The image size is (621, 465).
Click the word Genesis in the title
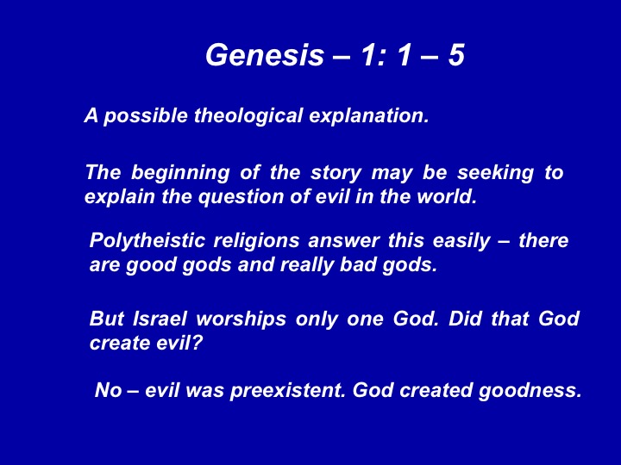click(265, 54)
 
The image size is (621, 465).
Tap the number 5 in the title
click(456, 54)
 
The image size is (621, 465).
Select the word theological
click(248, 116)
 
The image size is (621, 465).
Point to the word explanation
click(369, 116)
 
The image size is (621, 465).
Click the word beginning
click(180, 173)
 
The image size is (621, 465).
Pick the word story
click(336, 173)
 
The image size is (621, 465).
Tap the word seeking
click(495, 173)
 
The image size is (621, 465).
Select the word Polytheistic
click(147, 241)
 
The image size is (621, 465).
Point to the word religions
click(256, 241)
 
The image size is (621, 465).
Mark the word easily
click(461, 241)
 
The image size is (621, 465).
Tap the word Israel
click(160, 319)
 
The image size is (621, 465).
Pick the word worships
click(241, 319)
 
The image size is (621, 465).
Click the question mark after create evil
click(198, 343)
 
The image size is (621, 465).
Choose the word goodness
click(530, 391)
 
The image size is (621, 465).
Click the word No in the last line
click(108, 390)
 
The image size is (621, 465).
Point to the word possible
click(146, 116)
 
